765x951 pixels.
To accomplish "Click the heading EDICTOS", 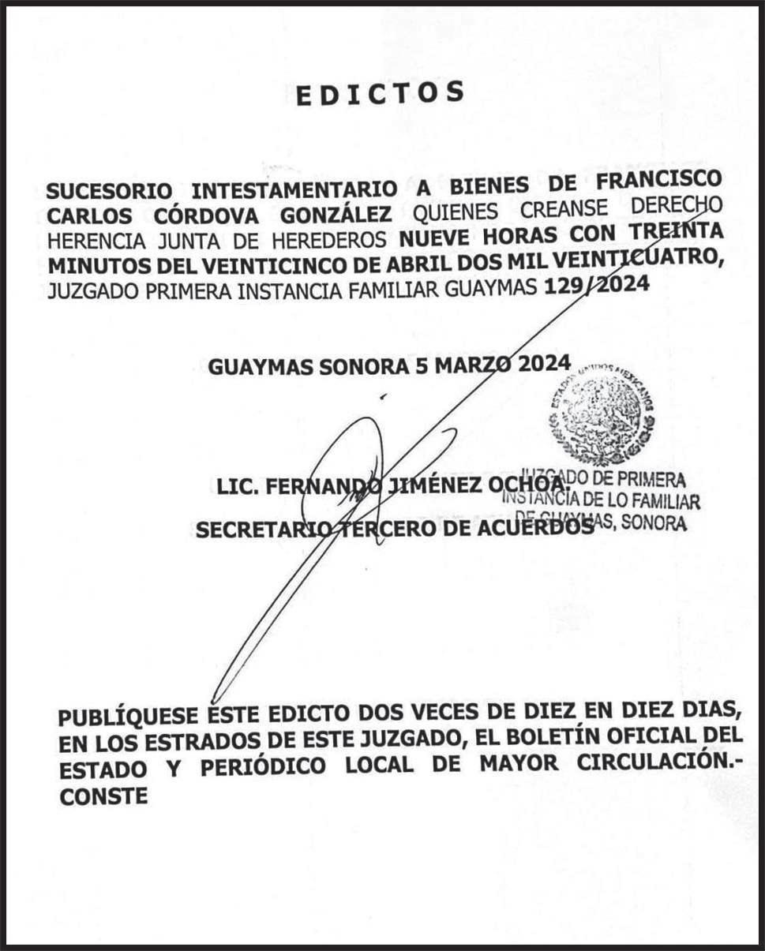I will tap(380, 94).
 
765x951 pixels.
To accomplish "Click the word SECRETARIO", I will tap(261, 531).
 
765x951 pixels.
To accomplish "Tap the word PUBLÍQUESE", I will tap(129, 717).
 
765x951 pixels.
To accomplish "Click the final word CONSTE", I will tap(104, 796).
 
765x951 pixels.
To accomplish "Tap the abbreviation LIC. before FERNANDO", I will tap(237, 488).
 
